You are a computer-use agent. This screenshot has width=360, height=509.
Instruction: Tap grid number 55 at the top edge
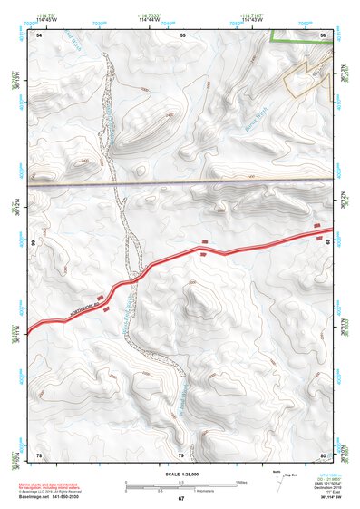[182, 34]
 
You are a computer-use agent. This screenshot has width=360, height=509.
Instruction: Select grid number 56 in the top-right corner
[323, 34]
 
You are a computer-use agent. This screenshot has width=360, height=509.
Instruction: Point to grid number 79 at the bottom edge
[180, 454]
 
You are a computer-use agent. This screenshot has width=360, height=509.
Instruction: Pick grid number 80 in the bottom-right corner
[323, 454]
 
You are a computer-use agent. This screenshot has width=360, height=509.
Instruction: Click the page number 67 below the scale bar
[180, 498]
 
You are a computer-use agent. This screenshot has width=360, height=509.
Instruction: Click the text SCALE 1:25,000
[180, 474]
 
